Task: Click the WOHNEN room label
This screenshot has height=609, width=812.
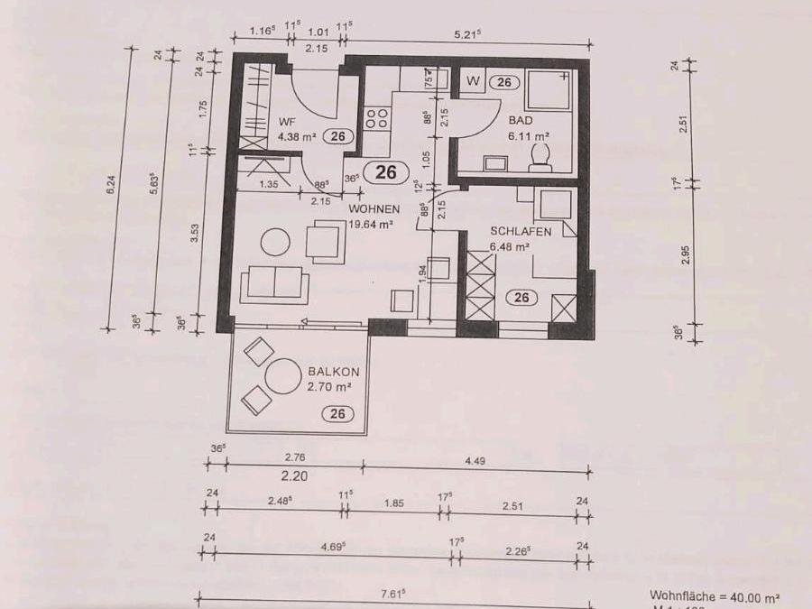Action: (x=374, y=209)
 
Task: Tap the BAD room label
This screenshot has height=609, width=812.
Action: (x=520, y=120)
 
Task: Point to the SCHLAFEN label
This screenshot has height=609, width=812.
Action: (x=521, y=231)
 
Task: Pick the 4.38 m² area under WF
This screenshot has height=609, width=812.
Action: (x=295, y=137)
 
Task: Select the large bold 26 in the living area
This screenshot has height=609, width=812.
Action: (x=386, y=172)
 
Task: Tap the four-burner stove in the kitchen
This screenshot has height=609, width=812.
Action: (x=376, y=119)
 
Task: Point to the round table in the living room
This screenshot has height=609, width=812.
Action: (x=275, y=242)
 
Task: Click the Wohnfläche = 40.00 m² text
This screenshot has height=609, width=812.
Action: (x=715, y=596)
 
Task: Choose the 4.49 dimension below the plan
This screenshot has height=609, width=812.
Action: (x=476, y=459)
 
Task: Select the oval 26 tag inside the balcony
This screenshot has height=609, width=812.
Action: (x=338, y=414)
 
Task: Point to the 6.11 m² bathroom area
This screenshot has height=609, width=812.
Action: (x=531, y=135)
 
